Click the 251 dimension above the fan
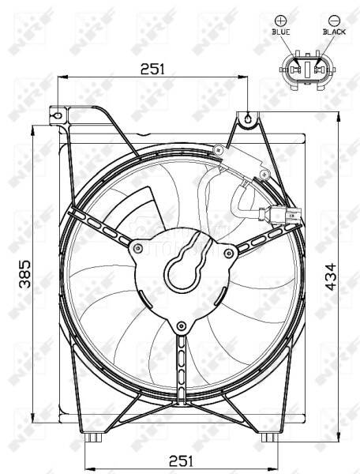[152, 70]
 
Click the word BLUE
[280, 32]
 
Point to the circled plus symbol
[280, 19]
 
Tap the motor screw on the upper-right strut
[230, 252]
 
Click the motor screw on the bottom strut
[182, 325]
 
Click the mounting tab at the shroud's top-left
[58, 115]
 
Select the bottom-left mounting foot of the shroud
[94, 437]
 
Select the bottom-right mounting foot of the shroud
[269, 437]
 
